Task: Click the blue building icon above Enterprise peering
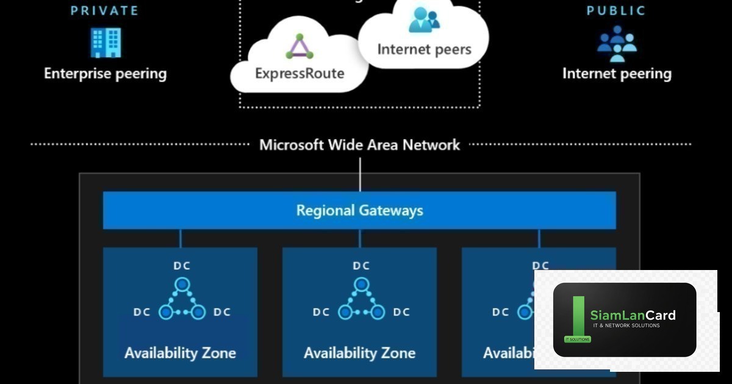point(105,43)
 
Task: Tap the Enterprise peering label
point(105,74)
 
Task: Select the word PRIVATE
point(104,10)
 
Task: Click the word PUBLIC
point(616,10)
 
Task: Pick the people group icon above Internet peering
point(617,43)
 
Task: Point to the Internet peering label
point(617,74)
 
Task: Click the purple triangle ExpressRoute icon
point(300,47)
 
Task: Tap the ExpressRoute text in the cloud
point(300,74)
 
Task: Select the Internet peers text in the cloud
point(424,49)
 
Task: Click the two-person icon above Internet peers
point(424,20)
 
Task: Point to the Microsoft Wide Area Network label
point(360,145)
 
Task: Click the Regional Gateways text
point(359,211)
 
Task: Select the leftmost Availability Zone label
point(180,353)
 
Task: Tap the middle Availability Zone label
point(359,353)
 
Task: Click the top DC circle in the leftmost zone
point(181,284)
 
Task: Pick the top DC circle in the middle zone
point(361,284)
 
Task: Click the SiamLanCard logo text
point(633,315)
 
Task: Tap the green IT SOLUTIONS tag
point(577,340)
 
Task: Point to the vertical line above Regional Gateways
point(360,174)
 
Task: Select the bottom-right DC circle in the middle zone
point(378,312)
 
